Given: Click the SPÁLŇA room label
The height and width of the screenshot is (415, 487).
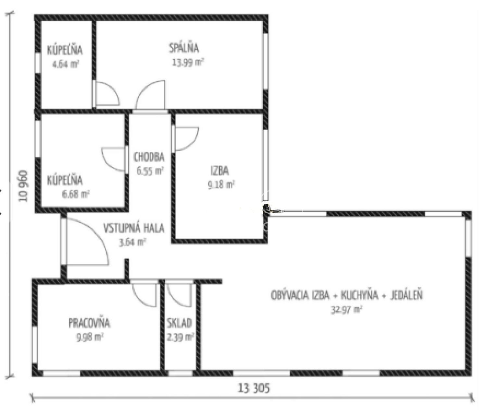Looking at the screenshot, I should point(184,48).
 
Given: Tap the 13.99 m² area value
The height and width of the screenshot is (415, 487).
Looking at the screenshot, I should point(187,62).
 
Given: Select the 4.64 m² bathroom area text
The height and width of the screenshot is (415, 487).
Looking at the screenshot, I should point(65,64).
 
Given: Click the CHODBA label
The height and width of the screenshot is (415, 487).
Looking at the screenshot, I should point(149,157).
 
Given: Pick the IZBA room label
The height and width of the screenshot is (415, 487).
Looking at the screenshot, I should point(219,171).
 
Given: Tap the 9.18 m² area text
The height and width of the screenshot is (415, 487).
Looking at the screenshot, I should point(221,185).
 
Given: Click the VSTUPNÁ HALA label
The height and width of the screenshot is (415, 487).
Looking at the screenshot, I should point(134,228).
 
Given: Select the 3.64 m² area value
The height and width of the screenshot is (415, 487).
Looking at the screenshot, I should point(132,242).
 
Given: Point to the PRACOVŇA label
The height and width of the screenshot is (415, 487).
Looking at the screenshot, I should point(89,323).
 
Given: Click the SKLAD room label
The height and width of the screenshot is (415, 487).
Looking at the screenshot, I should point(179,323).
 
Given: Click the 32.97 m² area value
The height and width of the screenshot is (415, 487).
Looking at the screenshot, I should point(346,310).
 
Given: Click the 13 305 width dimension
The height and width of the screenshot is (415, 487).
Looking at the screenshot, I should point(254,388).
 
